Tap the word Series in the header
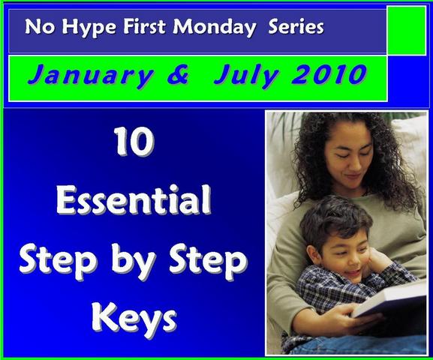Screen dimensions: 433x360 [x=296, y=27]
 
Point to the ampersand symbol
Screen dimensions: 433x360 [x=178, y=74]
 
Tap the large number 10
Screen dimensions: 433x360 [x=134, y=142]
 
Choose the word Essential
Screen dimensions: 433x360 [x=134, y=199]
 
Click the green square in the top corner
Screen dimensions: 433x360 [x=407, y=30]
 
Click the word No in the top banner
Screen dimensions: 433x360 [x=40, y=27]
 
